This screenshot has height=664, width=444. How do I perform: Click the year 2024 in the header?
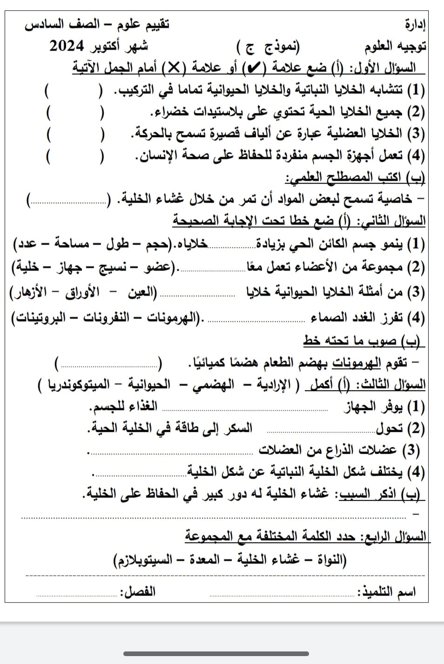[x=67, y=46]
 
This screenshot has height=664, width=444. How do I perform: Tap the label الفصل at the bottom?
[x=138, y=592]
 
